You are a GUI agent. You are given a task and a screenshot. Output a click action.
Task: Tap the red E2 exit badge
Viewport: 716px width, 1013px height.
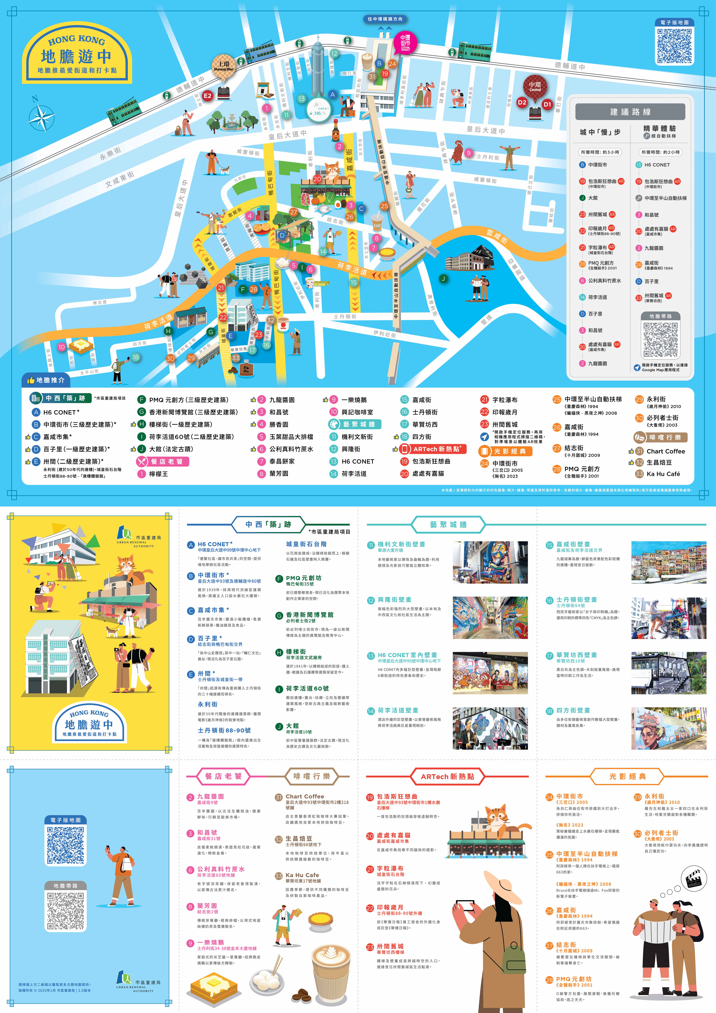207,95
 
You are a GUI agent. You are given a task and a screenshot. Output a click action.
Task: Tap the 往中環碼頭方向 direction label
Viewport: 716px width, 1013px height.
385,19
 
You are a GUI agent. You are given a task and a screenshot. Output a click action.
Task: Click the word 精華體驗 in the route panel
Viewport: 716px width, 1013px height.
660,128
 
